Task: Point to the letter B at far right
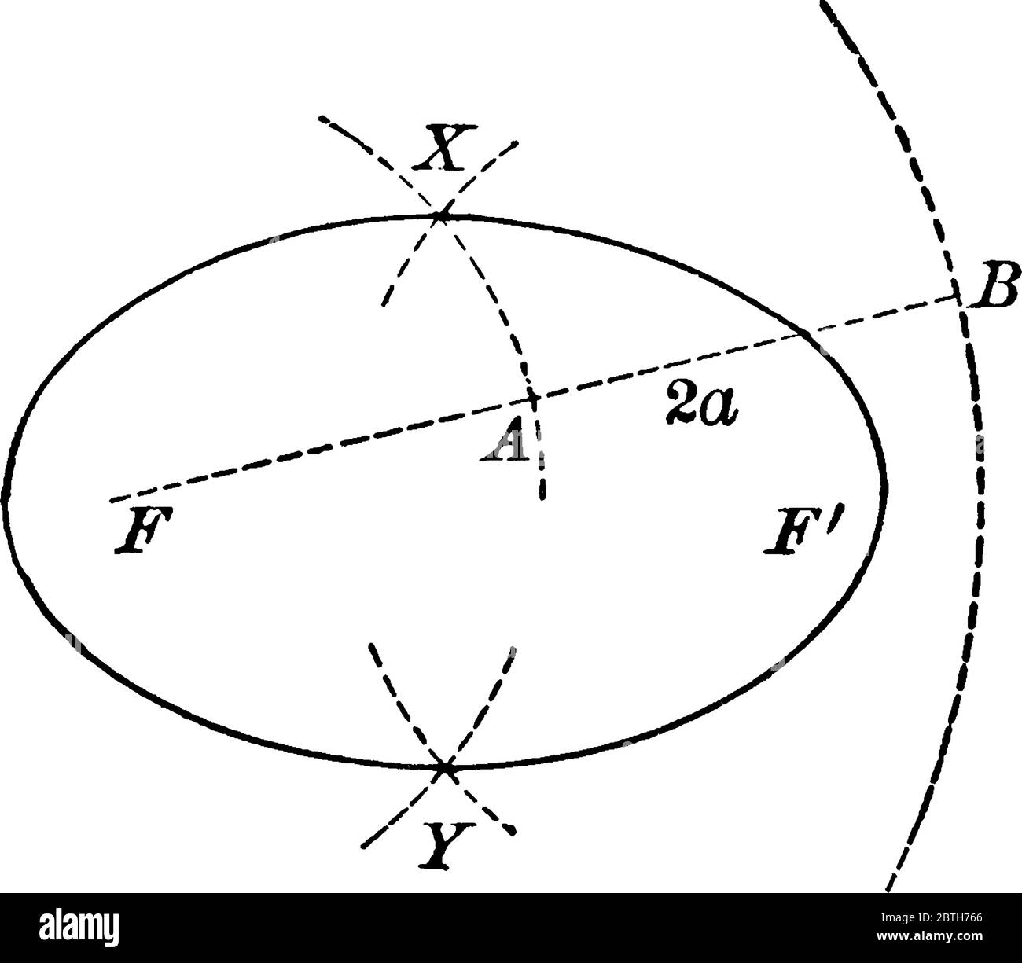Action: point(995,285)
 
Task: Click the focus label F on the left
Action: point(138,533)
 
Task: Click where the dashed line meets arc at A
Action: point(534,398)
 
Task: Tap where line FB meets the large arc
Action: point(959,297)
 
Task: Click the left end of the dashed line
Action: point(112,499)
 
